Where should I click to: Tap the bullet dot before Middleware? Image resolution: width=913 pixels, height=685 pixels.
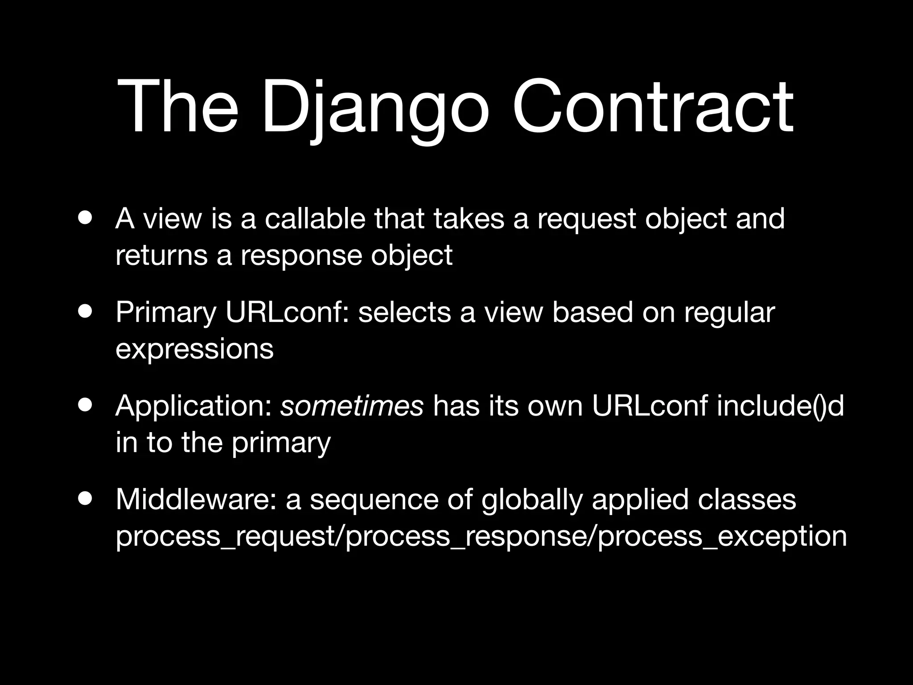[x=85, y=499]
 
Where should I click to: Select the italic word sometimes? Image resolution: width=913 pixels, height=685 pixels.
[x=351, y=406]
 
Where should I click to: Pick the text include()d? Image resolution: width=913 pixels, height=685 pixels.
[x=780, y=406]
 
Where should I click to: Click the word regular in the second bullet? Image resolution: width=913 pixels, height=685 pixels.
[x=730, y=313]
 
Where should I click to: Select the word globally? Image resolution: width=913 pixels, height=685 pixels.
[x=532, y=500]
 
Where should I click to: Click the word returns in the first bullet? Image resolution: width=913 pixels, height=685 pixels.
[x=161, y=256]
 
